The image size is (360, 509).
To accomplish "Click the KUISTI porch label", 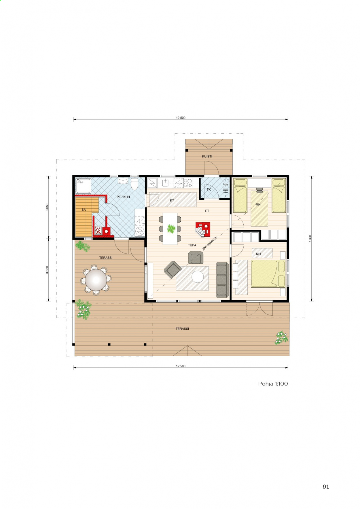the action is click(x=207, y=156).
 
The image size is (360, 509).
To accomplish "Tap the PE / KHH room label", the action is click(x=123, y=197).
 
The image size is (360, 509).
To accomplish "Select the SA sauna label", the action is click(x=84, y=210).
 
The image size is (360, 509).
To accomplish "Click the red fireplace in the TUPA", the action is click(x=203, y=229).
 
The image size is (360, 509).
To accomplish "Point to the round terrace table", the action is click(x=96, y=280).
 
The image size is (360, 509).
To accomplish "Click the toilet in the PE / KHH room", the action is click(x=134, y=184).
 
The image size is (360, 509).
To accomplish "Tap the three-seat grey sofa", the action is click(x=222, y=280).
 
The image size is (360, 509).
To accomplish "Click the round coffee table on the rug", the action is click(x=198, y=277).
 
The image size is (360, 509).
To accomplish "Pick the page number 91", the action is click(x=326, y=487).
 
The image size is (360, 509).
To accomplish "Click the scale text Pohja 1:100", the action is click(x=273, y=383).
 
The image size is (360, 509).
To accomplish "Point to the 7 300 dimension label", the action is click(x=310, y=239).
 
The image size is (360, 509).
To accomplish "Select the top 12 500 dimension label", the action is click(x=181, y=118).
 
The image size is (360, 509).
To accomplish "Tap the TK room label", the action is click(x=209, y=189).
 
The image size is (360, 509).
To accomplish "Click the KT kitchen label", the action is click(x=172, y=200).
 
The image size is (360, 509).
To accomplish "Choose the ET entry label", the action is click(x=207, y=211).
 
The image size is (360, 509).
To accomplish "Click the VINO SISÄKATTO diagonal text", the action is click(x=210, y=243).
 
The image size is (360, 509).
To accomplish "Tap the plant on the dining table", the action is click(x=171, y=229).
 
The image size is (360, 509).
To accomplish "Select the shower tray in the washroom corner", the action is click(x=83, y=186).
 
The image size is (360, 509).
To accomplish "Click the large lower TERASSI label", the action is click(x=182, y=328).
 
